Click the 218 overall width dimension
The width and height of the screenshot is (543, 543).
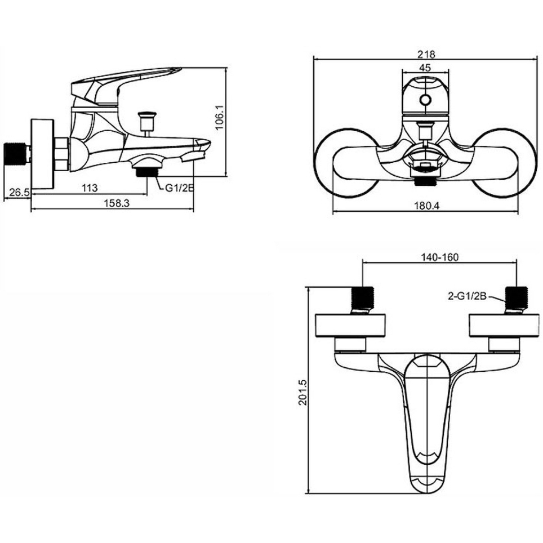(x=426, y=55)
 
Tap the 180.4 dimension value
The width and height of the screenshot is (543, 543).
(x=426, y=206)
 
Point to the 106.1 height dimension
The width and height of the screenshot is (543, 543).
(x=220, y=118)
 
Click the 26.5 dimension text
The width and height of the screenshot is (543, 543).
(x=19, y=192)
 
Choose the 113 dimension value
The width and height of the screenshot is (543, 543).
(x=90, y=188)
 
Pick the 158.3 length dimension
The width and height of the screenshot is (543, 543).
(x=117, y=203)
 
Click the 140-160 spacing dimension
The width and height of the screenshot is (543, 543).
(x=439, y=257)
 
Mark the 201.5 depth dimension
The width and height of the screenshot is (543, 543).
(x=302, y=392)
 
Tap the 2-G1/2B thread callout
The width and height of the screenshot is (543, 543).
(x=468, y=296)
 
